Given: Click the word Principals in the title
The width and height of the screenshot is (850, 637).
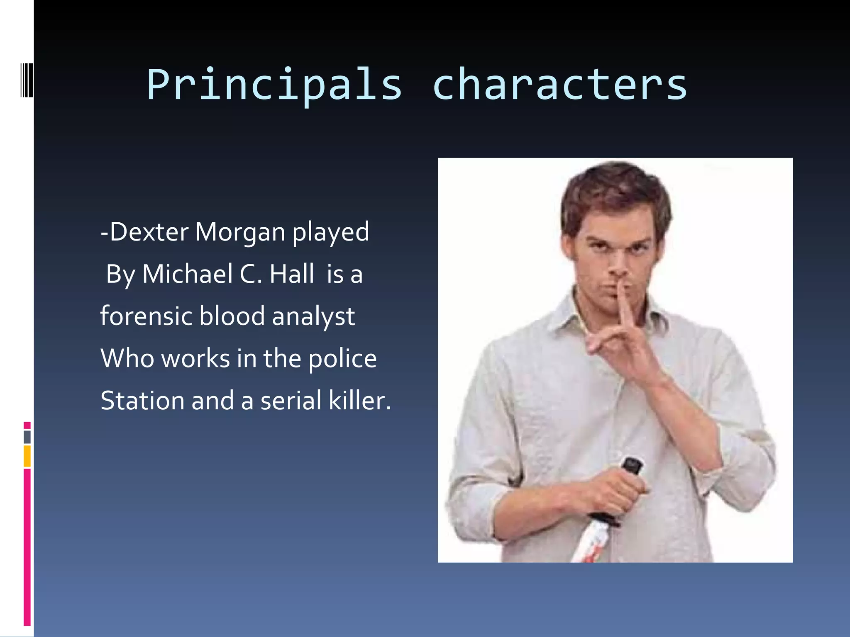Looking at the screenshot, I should coord(274,85).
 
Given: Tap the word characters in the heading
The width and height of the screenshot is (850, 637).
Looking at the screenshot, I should coord(559,85).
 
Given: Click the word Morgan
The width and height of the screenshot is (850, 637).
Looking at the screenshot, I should coord(240,232).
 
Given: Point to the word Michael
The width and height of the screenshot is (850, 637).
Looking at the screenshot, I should coord(187,274).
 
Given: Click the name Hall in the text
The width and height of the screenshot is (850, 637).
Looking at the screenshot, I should coord(292,274).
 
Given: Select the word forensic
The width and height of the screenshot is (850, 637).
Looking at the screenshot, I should coord(147,316).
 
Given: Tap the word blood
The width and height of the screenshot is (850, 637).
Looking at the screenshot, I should coord(232,316).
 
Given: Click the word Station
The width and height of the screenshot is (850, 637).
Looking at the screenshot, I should coord(142,401).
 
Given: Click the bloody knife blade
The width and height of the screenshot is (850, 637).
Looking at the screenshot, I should coord(589,543).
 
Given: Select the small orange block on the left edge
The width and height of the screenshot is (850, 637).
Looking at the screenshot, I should coord(27,456).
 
